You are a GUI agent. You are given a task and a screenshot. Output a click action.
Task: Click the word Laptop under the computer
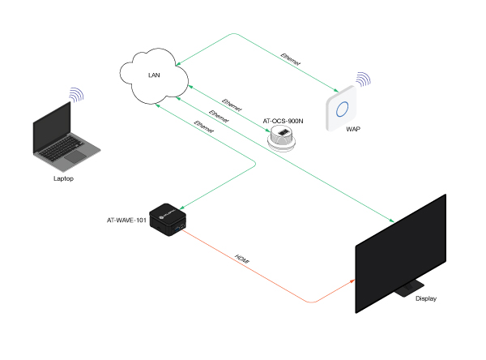63,178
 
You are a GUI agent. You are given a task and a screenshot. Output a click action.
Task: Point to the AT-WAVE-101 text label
127,220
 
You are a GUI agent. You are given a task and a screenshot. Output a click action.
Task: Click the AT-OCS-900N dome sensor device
286,138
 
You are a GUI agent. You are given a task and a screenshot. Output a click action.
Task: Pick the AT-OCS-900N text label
283,121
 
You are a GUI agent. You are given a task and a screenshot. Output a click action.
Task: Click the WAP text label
353,130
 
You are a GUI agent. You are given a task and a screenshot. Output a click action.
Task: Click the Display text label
425,299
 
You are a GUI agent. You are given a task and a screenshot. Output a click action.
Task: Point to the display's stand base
408,285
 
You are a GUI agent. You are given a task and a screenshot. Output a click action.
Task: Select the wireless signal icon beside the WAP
364,80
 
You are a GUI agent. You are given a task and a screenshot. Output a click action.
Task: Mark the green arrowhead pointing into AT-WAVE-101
180,208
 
